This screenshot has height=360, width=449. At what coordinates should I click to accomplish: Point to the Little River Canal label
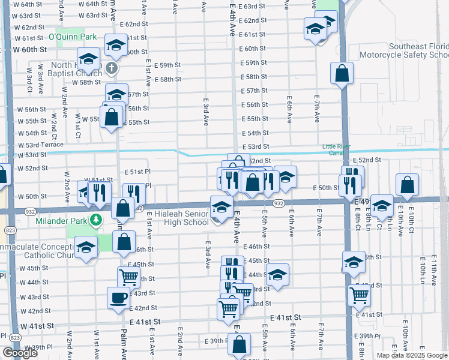click(339, 149)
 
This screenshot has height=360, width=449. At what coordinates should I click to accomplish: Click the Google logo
click(20, 353)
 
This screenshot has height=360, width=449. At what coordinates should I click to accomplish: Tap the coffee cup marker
click(118, 296)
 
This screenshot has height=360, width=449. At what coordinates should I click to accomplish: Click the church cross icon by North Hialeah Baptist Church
click(111, 67)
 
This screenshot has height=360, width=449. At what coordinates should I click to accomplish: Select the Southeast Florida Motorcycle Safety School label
click(418, 50)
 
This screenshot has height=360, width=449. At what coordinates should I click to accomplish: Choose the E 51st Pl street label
click(137, 172)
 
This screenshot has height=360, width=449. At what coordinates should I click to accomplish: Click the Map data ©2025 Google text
click(412, 355)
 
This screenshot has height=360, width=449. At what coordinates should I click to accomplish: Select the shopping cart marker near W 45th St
click(128, 276)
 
